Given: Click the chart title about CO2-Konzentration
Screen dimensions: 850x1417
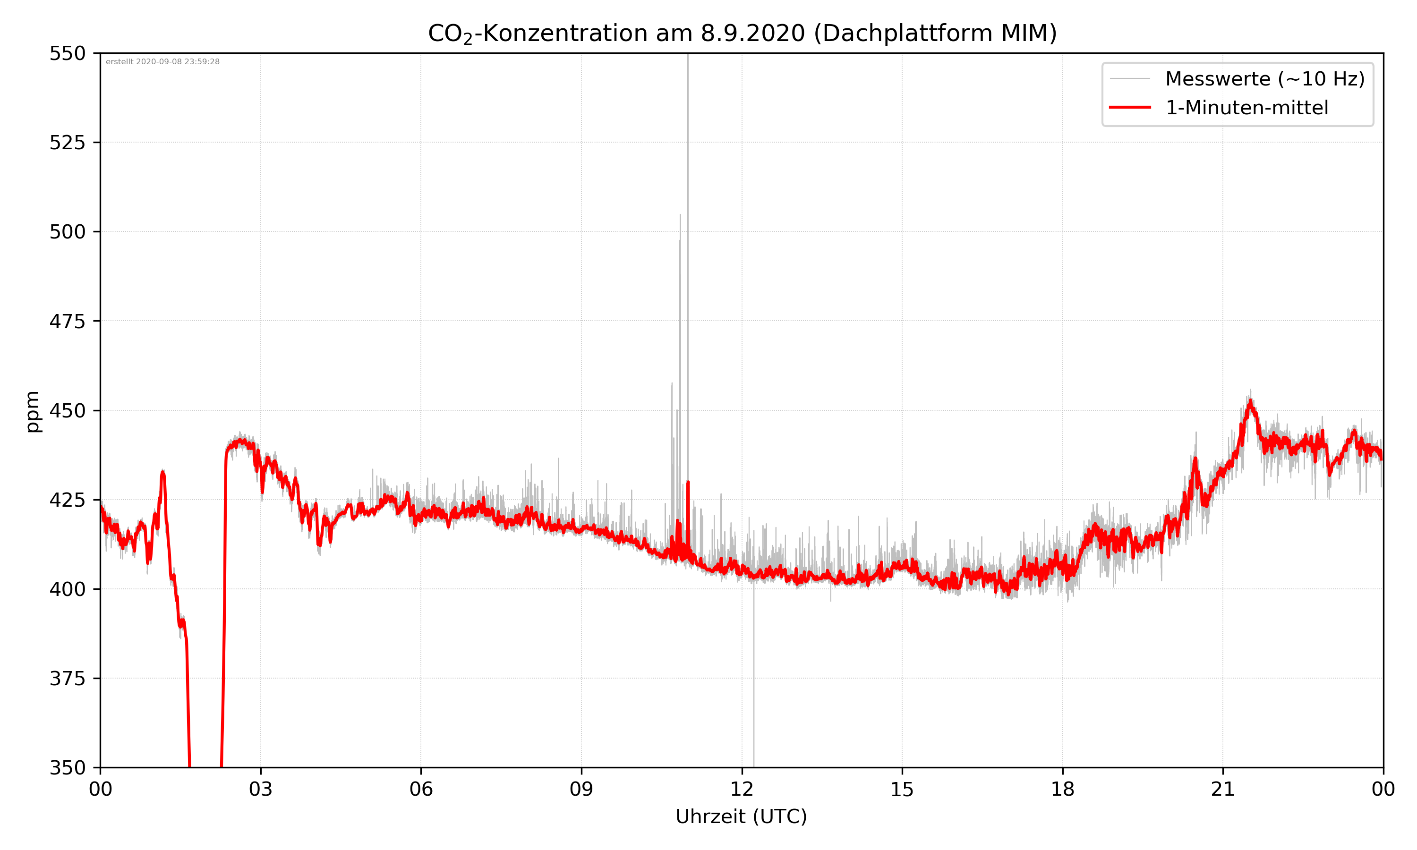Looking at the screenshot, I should click(x=742, y=33).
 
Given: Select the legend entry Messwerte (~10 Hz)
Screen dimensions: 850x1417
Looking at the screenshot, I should click(x=1264, y=79).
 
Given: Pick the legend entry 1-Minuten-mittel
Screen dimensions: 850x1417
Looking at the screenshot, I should click(x=1246, y=108).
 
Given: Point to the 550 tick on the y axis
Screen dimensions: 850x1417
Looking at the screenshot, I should click(x=68, y=53).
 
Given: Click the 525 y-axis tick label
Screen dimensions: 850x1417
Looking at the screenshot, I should click(x=68, y=143).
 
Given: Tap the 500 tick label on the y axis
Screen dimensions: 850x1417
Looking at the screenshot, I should click(x=68, y=232).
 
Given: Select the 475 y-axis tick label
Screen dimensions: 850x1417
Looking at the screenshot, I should click(x=68, y=321).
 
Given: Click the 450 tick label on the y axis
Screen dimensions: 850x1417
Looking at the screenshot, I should click(x=68, y=411).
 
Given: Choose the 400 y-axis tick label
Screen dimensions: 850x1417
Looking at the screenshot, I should click(x=68, y=589).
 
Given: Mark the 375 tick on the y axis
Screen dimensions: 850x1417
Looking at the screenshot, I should click(x=68, y=679).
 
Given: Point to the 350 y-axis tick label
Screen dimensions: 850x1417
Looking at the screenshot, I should click(x=68, y=768).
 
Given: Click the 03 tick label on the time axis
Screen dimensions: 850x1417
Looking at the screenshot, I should click(x=261, y=789).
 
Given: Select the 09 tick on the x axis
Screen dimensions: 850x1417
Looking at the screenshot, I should click(x=581, y=789).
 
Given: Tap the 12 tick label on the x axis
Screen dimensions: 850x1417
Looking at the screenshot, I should click(x=742, y=789).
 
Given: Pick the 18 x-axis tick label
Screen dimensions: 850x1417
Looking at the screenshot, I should click(x=1062, y=789).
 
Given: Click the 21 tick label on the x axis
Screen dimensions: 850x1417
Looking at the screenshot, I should click(x=1223, y=789).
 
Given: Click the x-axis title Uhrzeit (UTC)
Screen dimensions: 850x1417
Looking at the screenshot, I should click(x=741, y=817).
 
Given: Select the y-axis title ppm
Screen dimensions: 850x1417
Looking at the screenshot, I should click(x=33, y=411).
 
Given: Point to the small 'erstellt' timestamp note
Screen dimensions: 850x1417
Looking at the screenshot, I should click(x=162, y=62).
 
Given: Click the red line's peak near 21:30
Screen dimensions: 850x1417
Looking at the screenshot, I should click(x=1250, y=401).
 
